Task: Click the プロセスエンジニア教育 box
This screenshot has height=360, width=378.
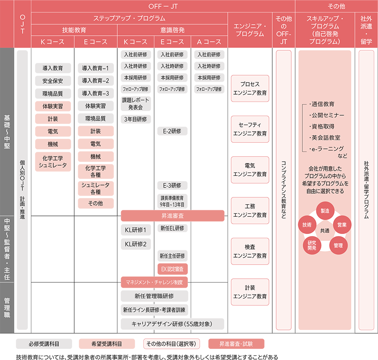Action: coord(250,89)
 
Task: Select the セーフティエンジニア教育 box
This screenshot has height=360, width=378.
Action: coord(250,129)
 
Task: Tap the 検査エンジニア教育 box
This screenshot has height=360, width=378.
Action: coord(250,251)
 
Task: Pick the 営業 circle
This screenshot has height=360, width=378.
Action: coord(342,225)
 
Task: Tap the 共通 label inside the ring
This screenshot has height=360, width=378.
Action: coord(325,230)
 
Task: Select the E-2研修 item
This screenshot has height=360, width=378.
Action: coord(172,130)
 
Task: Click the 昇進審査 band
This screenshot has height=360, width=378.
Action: coord(172,215)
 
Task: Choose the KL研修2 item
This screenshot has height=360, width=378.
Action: coord(135,244)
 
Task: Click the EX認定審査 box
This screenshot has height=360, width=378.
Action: coord(172,269)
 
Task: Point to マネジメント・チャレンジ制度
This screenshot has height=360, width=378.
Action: coord(154,282)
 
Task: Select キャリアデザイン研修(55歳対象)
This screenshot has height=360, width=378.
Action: coord(172,323)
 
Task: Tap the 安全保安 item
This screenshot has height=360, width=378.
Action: coord(53,80)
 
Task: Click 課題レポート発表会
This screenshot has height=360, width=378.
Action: coord(135,104)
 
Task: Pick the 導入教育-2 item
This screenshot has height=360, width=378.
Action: coord(95,80)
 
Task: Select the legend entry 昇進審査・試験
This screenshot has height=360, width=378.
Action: coord(236,344)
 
